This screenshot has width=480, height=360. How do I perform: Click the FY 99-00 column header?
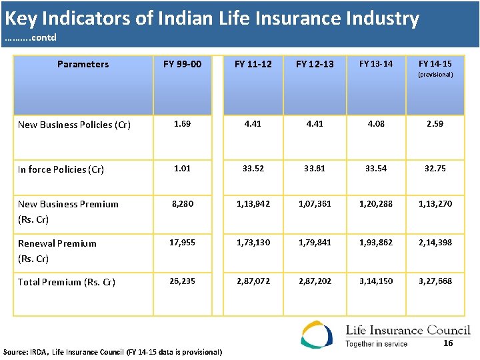point(182,65)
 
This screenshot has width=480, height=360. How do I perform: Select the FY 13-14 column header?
point(376,64)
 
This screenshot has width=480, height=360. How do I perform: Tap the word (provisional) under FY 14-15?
point(435,75)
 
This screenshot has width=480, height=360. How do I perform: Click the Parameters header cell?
point(83,65)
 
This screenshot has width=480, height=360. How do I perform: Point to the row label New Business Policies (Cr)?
point(74,125)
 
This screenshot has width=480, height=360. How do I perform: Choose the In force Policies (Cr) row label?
point(61,169)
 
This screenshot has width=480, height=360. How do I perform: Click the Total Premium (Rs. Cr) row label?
point(67,282)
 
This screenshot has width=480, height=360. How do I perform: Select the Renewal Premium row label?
point(57,243)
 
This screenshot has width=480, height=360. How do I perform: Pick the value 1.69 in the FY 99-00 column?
point(182,124)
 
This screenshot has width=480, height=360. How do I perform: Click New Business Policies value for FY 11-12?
point(253,124)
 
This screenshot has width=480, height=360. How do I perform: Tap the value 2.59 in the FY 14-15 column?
point(435,124)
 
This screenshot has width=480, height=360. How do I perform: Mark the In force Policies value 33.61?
point(314,169)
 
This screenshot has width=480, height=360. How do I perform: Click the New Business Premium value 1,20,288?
point(376,204)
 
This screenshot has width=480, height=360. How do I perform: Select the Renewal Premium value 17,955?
point(182,243)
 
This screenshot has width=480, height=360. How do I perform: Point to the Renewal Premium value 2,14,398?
point(435,243)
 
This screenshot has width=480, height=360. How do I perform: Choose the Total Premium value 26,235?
point(182,281)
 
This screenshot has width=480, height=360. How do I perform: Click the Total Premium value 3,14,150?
point(376,281)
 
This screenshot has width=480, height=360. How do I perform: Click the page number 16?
point(448,343)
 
